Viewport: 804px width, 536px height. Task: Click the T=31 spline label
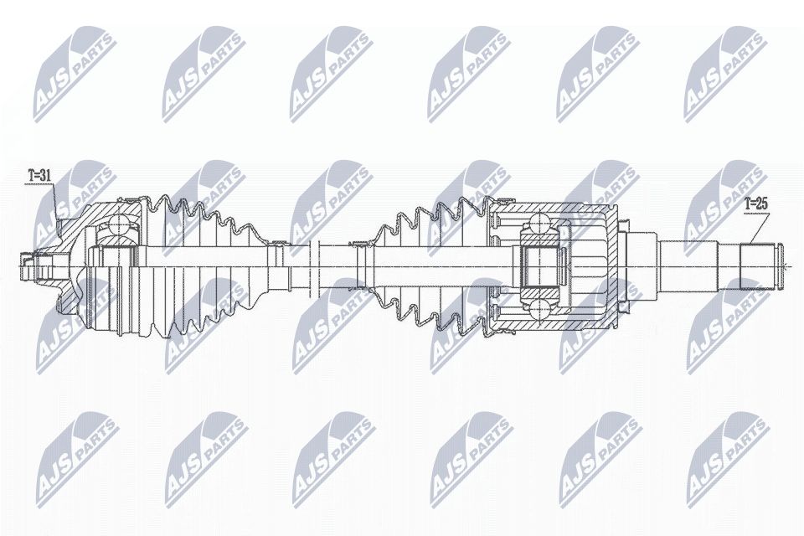pyautogui.click(x=39, y=176)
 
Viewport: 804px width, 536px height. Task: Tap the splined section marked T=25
pyautogui.click(x=759, y=265)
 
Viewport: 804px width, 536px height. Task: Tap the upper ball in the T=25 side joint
pyautogui.click(x=541, y=224)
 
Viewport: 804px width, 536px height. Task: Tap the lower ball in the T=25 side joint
pyautogui.click(x=541, y=311)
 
